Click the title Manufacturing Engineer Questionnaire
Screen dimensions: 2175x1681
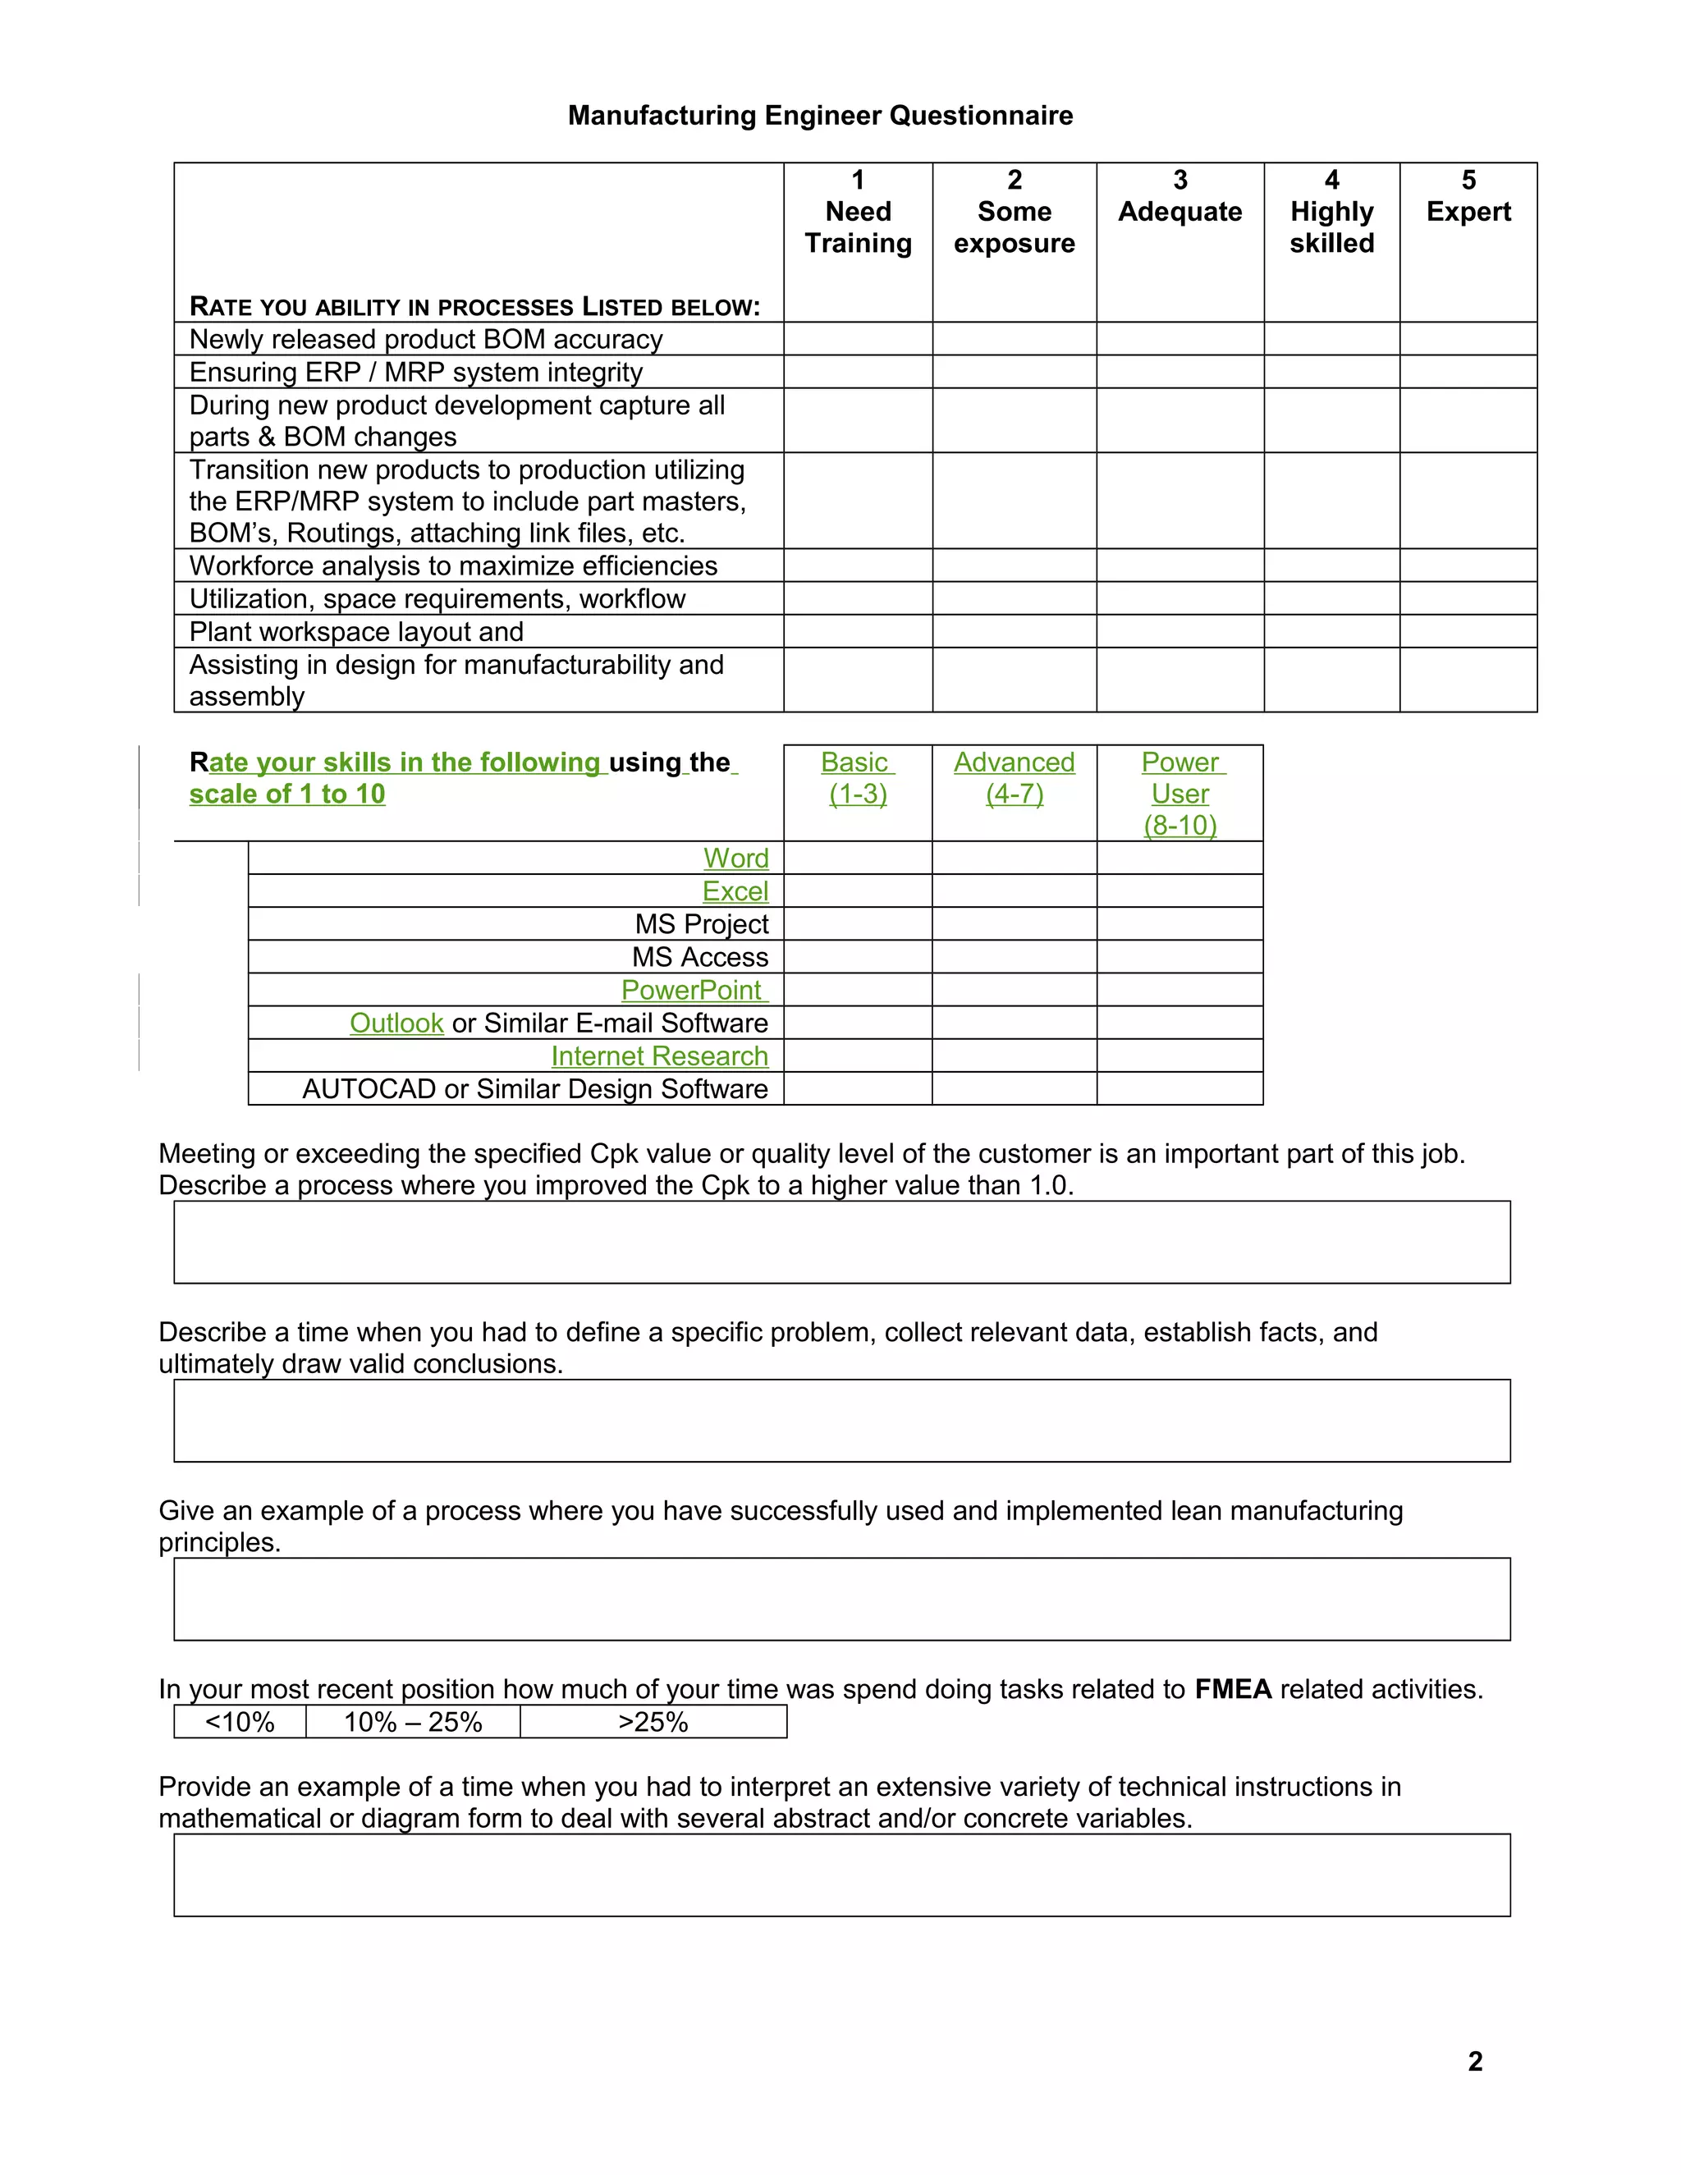pos(820,116)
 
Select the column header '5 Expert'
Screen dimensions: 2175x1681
pos(1468,196)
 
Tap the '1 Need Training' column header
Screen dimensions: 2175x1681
pos(858,212)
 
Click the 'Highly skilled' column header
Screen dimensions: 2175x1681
pos(1331,212)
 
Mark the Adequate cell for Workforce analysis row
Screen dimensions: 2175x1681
pos(1180,565)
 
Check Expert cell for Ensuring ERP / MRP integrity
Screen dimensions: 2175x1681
pos(1468,372)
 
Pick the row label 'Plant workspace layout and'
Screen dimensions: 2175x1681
pos(355,631)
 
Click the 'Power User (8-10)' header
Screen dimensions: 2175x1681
pos(1180,794)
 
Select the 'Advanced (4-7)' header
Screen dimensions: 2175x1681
pos(1014,778)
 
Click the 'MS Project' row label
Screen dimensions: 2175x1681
pos(701,924)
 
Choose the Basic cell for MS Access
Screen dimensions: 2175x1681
pos(858,957)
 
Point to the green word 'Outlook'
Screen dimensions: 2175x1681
pos(396,1023)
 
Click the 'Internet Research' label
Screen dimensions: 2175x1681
pos(659,1055)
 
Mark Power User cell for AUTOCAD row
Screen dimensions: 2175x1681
pos(1180,1088)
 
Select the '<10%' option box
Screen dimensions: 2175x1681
pos(240,1722)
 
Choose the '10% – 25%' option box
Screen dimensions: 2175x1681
pos(412,1722)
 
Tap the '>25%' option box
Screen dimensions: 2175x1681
pos(653,1722)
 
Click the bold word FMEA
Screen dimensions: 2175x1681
pos(1233,1689)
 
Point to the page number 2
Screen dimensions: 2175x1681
pos(1475,2060)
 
